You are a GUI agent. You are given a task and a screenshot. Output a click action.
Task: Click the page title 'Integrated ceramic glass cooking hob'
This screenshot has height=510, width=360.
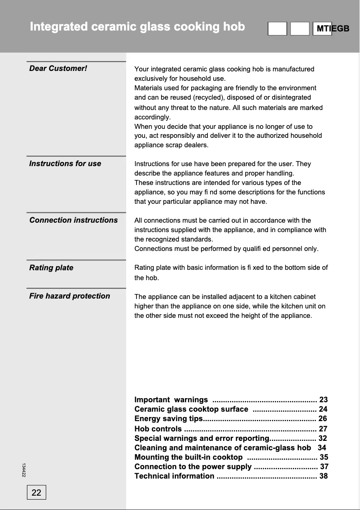pos(137,27)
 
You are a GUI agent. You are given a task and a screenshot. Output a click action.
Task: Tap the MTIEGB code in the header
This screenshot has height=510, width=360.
pos(333,29)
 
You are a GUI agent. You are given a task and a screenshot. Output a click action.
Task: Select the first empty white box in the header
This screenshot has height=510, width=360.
pos(277,29)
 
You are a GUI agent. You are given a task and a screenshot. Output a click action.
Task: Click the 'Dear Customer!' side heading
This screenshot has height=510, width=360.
pos(58,69)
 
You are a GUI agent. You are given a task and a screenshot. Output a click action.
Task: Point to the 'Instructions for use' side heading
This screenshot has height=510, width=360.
pos(65,164)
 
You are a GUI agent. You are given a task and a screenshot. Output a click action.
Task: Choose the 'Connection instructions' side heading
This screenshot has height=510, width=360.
pos(74,220)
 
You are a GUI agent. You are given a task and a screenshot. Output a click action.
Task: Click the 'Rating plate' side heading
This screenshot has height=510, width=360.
pos(51,268)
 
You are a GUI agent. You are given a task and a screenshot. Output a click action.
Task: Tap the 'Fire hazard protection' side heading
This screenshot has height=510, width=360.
pos(70,296)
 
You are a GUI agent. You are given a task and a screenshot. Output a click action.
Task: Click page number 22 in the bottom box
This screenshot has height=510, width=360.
pos(36,493)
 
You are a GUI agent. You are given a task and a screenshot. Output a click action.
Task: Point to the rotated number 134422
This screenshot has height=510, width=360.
pos(23,470)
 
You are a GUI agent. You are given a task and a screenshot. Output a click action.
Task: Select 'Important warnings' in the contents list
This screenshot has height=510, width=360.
pos(171,400)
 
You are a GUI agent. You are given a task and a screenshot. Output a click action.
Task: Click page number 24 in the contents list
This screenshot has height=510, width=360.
pos(323,409)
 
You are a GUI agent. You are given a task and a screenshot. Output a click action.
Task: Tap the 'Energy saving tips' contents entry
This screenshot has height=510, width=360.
pos(169,419)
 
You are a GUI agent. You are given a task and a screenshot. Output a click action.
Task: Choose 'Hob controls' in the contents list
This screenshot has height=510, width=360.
pos(158,429)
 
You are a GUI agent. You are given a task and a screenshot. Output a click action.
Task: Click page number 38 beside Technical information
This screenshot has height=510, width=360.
pos(323,476)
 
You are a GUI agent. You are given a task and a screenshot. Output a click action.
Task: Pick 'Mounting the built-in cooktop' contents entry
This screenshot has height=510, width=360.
pos(189,457)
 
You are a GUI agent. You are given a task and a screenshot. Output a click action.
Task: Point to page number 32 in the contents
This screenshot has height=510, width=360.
pos(322,439)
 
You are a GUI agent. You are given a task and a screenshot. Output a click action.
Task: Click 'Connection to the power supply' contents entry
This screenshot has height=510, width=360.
pos(193,467)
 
